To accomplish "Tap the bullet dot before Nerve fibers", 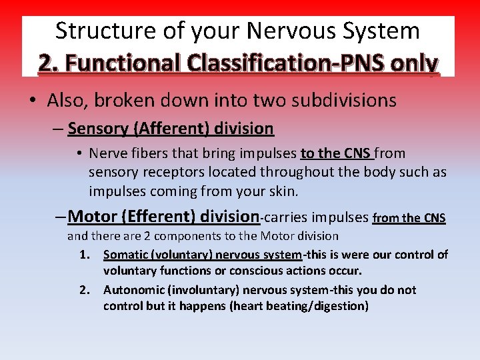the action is pyautogui.click(x=79, y=154).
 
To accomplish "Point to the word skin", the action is pyautogui.click(x=278, y=191).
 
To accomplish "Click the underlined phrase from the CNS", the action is pyautogui.click(x=409, y=217).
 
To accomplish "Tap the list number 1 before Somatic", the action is pyautogui.click(x=84, y=255).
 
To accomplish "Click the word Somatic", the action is pyautogui.click(x=125, y=255).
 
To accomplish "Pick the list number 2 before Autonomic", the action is pyautogui.click(x=84, y=290).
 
